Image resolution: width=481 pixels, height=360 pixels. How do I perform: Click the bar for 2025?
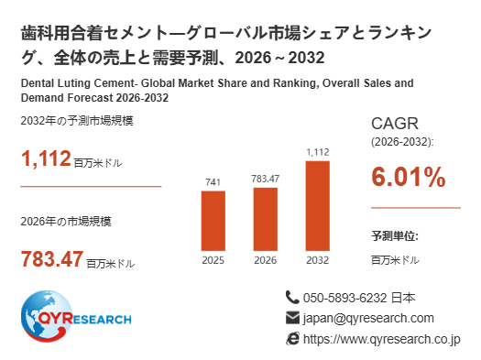coord(213,221)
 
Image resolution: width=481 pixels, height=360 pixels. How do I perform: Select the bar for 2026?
coord(266,219)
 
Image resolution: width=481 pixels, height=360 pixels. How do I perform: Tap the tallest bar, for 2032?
coord(318,206)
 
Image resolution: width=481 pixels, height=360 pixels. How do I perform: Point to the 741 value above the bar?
coord(213,182)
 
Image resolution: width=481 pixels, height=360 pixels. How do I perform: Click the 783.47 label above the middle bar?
coord(266,179)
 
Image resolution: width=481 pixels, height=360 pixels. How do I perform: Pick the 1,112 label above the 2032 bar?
coord(318,152)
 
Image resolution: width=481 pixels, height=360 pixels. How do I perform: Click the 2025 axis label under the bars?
coord(213,260)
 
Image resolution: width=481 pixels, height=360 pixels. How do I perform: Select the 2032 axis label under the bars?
coord(318,260)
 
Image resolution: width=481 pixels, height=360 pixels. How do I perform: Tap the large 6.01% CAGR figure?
coord(409,177)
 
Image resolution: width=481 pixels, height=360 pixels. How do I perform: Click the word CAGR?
coord(395,124)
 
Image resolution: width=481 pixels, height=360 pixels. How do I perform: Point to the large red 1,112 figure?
coord(46,158)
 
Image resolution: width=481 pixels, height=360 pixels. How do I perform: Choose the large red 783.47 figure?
coord(52,259)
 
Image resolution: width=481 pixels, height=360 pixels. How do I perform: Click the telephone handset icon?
coord(292,298)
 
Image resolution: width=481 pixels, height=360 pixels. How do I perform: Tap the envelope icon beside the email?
coord(292,318)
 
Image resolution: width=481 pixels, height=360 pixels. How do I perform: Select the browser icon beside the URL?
coord(292,339)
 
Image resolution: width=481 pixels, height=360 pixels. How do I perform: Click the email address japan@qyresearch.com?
coord(368,318)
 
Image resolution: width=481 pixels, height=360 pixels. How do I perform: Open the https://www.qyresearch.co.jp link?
coord(382,339)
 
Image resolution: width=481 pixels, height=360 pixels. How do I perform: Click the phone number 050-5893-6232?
coord(345,298)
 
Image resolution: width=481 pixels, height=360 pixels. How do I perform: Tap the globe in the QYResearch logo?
coord(47,316)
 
